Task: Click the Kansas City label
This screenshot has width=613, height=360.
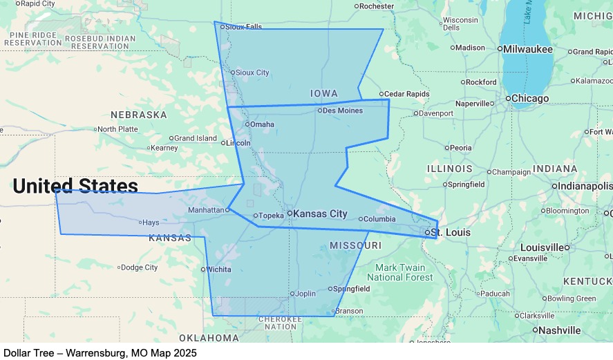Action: coord(320,214)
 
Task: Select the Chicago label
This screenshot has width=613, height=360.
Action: coord(530,98)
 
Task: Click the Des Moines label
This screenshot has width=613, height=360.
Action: coord(342,111)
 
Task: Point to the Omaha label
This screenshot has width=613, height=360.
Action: coord(262,124)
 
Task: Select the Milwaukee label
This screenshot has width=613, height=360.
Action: coord(528,49)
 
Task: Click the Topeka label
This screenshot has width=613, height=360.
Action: coord(271,216)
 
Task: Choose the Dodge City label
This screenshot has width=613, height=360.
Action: coord(140,267)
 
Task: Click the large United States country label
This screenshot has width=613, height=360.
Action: coord(75,186)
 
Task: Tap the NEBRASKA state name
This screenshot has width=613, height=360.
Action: coord(139,115)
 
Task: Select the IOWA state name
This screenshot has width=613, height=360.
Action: coord(324,93)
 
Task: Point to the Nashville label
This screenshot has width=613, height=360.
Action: coord(560,330)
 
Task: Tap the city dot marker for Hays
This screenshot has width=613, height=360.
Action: coord(140,222)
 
